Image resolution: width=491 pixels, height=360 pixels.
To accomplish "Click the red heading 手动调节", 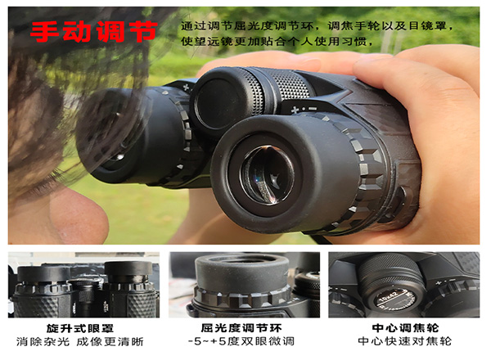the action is coord(93,31).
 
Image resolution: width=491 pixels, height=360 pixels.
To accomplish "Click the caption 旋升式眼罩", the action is coord(80,328).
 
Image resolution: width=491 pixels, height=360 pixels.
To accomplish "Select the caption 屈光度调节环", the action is coord(241,328).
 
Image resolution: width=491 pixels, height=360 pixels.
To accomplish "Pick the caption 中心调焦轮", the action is coord(406,328).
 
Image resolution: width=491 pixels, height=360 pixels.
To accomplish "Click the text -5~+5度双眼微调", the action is coord(241,341).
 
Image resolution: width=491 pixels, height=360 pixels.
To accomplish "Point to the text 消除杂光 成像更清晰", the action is coord(80,341).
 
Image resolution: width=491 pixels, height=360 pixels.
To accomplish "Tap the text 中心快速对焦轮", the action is coord(405,341).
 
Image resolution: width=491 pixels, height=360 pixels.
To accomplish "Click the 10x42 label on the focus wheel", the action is coord(388,296).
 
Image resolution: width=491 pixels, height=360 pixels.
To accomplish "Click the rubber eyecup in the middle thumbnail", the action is coord(241,272).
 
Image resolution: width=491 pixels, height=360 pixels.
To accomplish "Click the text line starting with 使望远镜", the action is coord(277,41).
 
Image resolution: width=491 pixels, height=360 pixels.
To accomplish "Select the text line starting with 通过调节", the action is coord(316,25).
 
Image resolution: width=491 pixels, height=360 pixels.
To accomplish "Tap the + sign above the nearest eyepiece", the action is coord(295,110).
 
